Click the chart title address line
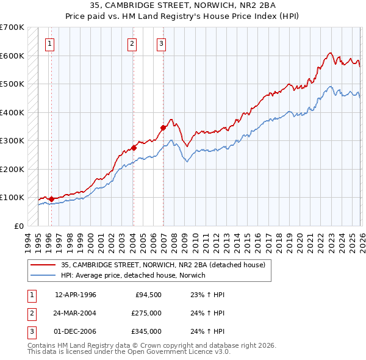click(182, 5)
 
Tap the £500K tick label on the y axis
click(12, 84)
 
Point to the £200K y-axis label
click(12, 169)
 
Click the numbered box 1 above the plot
click(49, 43)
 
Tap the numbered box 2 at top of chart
click(131, 43)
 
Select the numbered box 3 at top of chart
click(161, 43)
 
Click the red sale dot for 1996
click(51, 199)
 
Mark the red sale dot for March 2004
click(134, 148)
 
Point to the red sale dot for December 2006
click(163, 128)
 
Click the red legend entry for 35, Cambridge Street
click(162, 265)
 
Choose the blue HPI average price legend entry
click(133, 276)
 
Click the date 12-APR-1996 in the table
click(76, 295)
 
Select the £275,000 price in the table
click(146, 313)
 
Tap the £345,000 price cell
click(146, 331)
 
